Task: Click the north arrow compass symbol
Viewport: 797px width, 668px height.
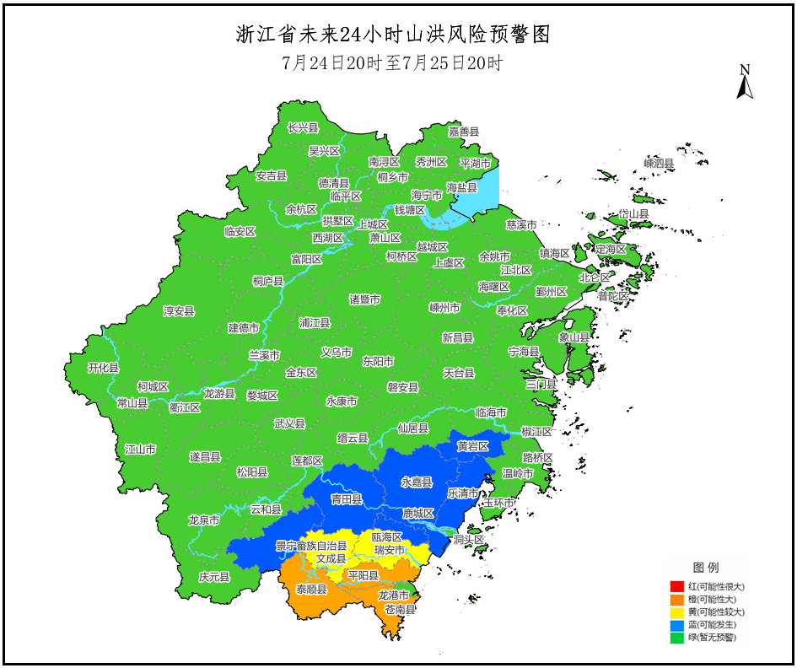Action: point(744,83)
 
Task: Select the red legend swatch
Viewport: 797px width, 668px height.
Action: point(676,586)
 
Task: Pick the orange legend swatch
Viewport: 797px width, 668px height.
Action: point(676,599)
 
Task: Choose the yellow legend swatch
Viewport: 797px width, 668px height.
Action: point(676,611)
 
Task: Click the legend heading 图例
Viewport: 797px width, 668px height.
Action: point(706,567)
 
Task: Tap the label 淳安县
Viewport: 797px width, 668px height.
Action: point(179,311)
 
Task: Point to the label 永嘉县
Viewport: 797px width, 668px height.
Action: point(416,482)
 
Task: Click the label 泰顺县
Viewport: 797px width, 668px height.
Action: point(311,590)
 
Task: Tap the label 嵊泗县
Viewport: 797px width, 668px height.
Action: point(659,163)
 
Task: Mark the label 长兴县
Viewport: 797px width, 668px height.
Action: point(303,128)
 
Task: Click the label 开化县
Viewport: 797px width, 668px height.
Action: point(104,369)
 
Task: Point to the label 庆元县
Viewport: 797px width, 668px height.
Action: point(214,578)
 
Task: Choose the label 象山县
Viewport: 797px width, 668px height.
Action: point(574,337)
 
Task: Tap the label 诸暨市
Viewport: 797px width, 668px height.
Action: point(364,299)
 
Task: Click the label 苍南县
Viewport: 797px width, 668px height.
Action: point(400,609)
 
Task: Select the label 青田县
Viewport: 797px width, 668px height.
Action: point(346,499)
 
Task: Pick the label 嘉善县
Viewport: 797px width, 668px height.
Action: point(463,132)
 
